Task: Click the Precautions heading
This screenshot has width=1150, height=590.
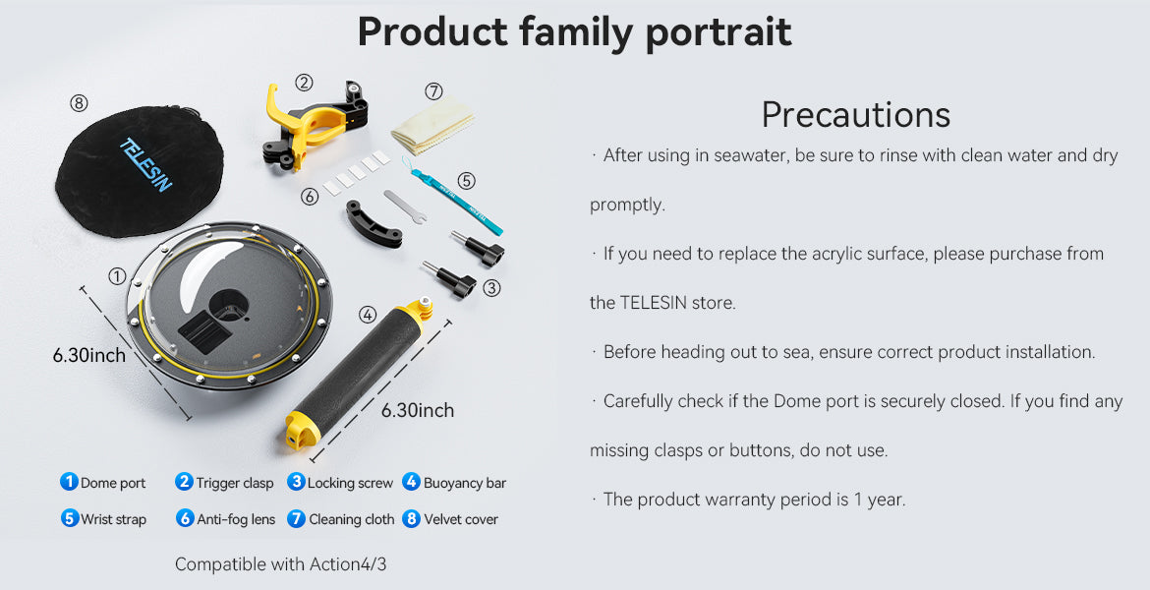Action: tap(855, 114)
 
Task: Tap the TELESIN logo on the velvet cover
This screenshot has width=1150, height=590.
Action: tap(145, 164)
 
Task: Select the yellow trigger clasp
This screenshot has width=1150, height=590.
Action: tap(316, 123)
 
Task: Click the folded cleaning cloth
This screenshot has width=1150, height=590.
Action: tap(431, 125)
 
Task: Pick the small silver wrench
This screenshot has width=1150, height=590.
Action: tap(404, 206)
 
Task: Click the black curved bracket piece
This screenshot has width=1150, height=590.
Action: tap(374, 223)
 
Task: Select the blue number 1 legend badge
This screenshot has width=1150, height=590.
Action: tap(69, 482)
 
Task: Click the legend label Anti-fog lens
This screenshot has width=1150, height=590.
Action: tap(236, 519)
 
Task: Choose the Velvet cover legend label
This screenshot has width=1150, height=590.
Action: tap(461, 519)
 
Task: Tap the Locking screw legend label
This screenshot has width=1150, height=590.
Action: tap(350, 483)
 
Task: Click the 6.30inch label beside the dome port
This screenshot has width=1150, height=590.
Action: tap(89, 355)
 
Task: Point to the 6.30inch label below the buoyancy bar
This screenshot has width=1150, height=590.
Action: tap(418, 410)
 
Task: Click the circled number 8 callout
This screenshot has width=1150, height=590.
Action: tap(79, 103)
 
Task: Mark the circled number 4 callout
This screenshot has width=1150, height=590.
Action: tap(368, 315)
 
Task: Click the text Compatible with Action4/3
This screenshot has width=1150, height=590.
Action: tap(280, 564)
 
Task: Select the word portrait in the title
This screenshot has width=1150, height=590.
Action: tap(719, 33)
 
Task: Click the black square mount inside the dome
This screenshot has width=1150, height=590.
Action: tap(204, 331)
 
